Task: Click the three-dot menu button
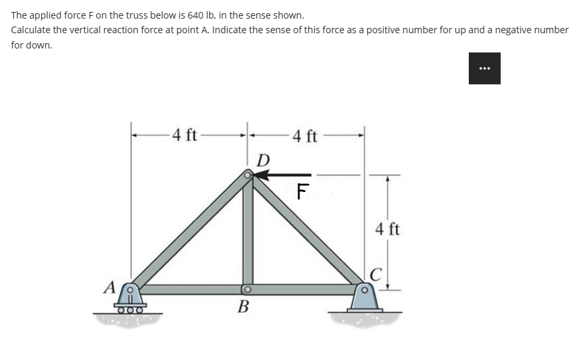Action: (484, 68)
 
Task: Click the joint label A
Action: (109, 288)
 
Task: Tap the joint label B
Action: (244, 307)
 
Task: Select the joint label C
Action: (376, 274)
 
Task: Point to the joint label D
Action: (263, 160)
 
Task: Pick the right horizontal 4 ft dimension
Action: (305, 137)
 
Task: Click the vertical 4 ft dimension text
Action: (387, 230)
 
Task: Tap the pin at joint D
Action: (248, 175)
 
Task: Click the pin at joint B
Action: (246, 289)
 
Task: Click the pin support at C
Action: (363, 297)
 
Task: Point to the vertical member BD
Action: (248, 232)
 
